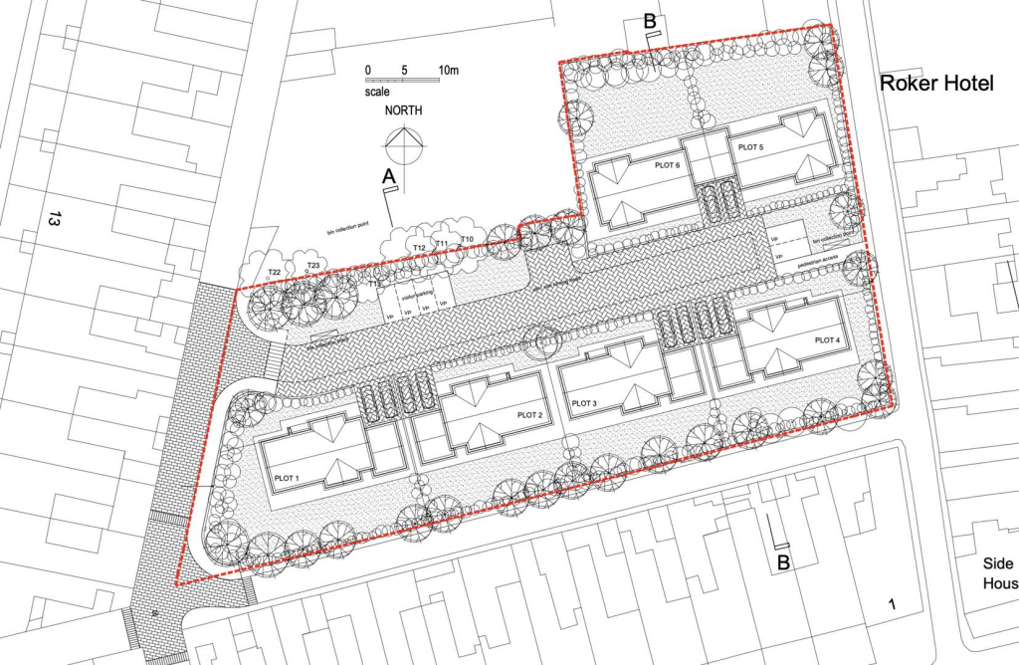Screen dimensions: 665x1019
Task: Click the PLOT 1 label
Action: pyautogui.click(x=283, y=480)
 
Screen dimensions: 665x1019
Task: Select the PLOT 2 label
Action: pyautogui.click(x=530, y=414)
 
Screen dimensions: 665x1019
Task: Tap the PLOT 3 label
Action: pyautogui.click(x=584, y=403)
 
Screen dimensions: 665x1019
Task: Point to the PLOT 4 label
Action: pyautogui.click(x=828, y=340)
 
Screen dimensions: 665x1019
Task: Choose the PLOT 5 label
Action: pyautogui.click(x=750, y=146)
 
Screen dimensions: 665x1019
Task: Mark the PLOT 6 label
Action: pyautogui.click(x=668, y=164)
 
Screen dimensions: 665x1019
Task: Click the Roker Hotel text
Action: pyautogui.click(x=936, y=84)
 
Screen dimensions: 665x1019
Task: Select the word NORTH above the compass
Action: pyautogui.click(x=404, y=111)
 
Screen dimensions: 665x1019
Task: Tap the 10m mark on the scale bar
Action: pyautogui.click(x=449, y=71)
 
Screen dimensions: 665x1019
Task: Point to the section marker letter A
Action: pyautogui.click(x=389, y=175)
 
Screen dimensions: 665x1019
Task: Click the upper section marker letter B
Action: pyautogui.click(x=650, y=21)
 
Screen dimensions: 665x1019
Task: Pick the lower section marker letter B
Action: pyautogui.click(x=783, y=563)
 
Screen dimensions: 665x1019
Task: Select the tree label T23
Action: pyautogui.click(x=312, y=265)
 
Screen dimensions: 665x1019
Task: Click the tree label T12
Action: pyautogui.click(x=419, y=247)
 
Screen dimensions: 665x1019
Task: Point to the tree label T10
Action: pyautogui.click(x=467, y=240)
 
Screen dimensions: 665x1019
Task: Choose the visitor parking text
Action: pyautogui.click(x=417, y=295)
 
